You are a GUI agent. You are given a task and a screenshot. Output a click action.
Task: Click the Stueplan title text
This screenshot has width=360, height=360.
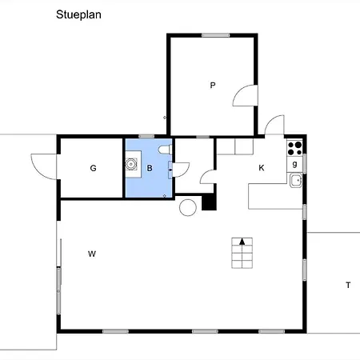[x=78, y=15]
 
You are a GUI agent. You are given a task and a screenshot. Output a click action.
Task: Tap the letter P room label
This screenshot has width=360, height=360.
[x=213, y=86]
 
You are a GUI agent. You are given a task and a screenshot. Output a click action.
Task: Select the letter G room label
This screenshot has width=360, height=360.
[x=93, y=168]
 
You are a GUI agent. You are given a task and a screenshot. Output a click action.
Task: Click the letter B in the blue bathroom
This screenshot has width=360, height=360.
[x=150, y=168]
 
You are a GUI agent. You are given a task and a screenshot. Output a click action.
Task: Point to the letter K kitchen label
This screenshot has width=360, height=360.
[x=262, y=168]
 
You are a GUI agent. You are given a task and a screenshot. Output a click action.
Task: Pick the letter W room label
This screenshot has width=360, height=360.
[x=92, y=254]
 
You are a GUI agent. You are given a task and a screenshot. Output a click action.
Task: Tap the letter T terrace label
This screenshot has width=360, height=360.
[x=348, y=286]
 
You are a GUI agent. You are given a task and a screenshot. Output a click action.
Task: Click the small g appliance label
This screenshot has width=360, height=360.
[x=294, y=164]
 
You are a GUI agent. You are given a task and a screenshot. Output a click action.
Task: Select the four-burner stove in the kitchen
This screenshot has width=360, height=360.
[x=294, y=148]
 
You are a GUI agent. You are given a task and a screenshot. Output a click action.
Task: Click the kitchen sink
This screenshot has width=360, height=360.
[x=296, y=181]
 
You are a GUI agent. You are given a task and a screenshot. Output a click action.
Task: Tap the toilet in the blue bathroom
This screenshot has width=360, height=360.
[x=165, y=150]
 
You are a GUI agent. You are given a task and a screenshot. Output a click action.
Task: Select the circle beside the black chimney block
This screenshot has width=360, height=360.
[x=188, y=207]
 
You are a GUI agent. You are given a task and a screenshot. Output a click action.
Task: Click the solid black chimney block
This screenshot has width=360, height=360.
[x=209, y=202]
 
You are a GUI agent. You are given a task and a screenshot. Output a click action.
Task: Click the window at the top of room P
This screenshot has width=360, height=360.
[x=215, y=35]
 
